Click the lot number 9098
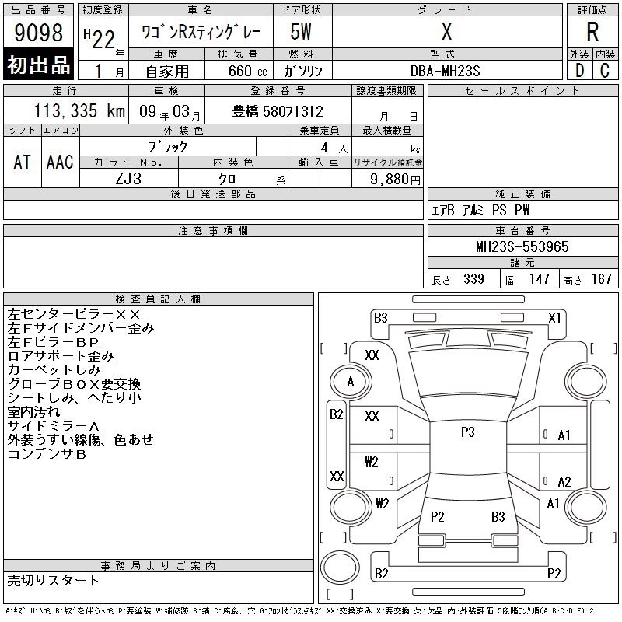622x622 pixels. point(38,32)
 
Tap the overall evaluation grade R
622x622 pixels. point(592,32)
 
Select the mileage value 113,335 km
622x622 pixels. point(80,111)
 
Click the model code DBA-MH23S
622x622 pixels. point(445,71)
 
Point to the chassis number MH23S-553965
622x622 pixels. point(522,246)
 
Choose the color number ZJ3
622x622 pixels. point(128,179)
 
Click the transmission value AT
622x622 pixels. point(23,162)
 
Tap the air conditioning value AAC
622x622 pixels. point(60,162)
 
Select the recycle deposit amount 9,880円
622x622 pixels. point(395,180)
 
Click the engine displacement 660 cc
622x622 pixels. point(247,72)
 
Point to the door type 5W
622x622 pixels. point(301,32)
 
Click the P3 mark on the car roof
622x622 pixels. point(468,432)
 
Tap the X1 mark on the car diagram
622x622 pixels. point(554,318)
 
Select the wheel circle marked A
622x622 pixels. point(351,382)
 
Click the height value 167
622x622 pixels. point(601,279)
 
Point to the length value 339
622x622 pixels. point(473,279)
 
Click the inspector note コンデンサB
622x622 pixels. point(47,454)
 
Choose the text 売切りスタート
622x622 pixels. point(53,580)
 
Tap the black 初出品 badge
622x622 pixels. point(38,65)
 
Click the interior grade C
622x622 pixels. point(605,71)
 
